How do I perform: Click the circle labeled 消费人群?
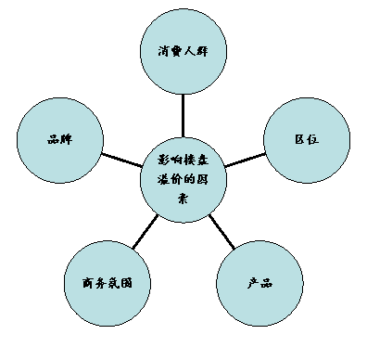point(188,50)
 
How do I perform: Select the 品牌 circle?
point(61,140)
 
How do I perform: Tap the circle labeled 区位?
point(308,140)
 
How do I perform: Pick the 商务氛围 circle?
point(108,283)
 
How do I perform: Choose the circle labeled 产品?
point(259,283)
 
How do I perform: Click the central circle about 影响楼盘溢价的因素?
point(185,180)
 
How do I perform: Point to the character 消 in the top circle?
point(163,50)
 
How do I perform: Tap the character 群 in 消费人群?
point(214,50)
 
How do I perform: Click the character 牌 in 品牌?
point(68,140)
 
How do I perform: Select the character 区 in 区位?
point(300,140)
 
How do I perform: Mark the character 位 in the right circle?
point(315,140)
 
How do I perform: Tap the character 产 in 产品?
point(252,283)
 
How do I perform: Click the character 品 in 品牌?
point(54,140)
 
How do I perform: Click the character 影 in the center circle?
point(162,160)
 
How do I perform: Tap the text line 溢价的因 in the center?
point(185,179)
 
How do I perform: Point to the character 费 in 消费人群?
point(180,50)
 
